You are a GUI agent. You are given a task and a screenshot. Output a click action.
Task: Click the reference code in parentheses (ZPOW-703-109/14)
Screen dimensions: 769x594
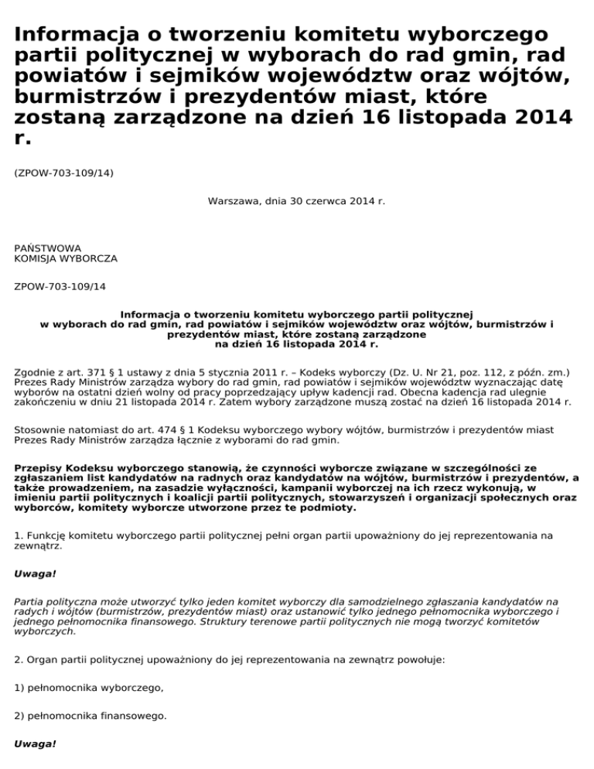64,173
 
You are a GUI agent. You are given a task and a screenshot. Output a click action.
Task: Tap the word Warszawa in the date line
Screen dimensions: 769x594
233,201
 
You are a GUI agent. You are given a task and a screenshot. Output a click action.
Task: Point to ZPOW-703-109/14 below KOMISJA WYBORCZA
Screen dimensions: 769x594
60,286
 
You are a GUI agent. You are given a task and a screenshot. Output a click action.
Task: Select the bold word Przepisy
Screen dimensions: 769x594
39,468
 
